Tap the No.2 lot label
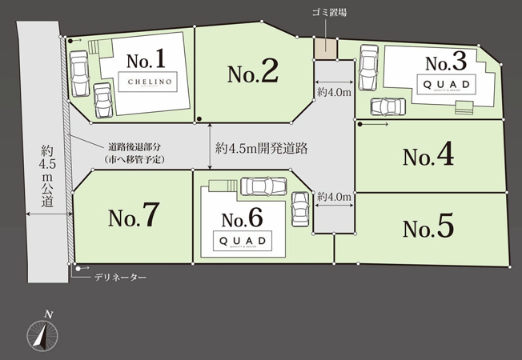pyautogui.click(x=252, y=74)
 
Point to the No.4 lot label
pyautogui.click(x=428, y=156)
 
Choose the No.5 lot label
pyautogui.click(x=428, y=229)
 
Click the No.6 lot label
pyautogui.click(x=242, y=218)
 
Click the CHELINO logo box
pyautogui.click(x=147, y=81)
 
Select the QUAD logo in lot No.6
pyautogui.click(x=241, y=241)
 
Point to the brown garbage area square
pyautogui.click(x=325, y=48)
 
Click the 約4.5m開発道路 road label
pyautogui.click(x=262, y=148)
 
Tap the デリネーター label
pyautogui.click(x=120, y=277)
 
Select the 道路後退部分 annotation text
pyautogui.click(x=134, y=153)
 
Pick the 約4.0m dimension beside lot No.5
pyautogui.click(x=334, y=197)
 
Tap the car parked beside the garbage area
pyautogui.click(x=367, y=68)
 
